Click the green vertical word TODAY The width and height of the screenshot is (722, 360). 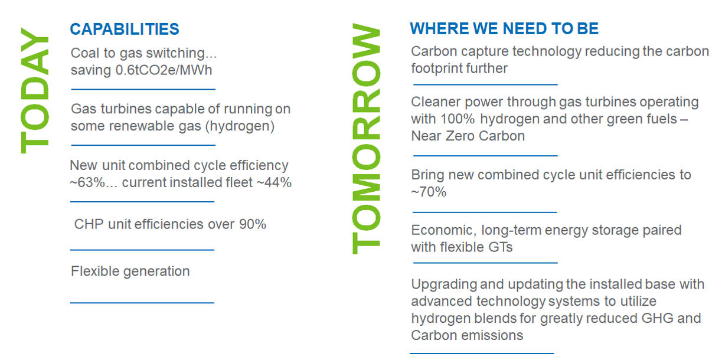coord(35,90)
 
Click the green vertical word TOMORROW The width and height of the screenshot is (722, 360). coord(366,139)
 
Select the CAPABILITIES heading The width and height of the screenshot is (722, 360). coord(125,29)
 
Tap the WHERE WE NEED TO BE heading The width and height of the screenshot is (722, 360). coord(504,28)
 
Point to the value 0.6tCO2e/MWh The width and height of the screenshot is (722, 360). coord(164,70)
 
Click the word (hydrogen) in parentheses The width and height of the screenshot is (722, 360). coord(240,126)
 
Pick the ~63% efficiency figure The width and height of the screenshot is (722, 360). coord(87,182)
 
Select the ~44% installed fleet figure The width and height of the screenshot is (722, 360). coord(274,182)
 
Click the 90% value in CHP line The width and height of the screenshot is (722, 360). coord(253,224)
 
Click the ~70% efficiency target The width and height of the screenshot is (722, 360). coord(429,192)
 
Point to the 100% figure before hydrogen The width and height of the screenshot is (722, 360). coord(458,119)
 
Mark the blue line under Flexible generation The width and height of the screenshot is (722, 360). coord(142,303)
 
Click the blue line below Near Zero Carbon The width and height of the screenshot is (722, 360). coord(485,156)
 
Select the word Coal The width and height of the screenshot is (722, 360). coord(85,53)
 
